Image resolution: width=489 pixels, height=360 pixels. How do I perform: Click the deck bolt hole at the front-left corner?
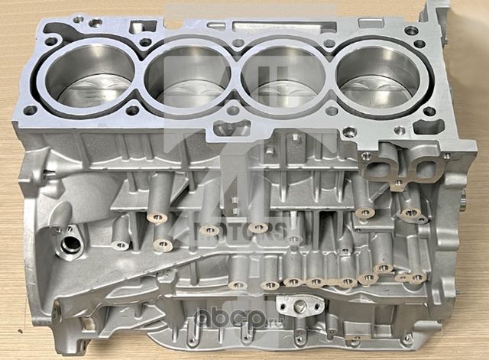pos(28,112)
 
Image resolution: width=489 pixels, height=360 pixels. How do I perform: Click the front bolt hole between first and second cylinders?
pos(134,110)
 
